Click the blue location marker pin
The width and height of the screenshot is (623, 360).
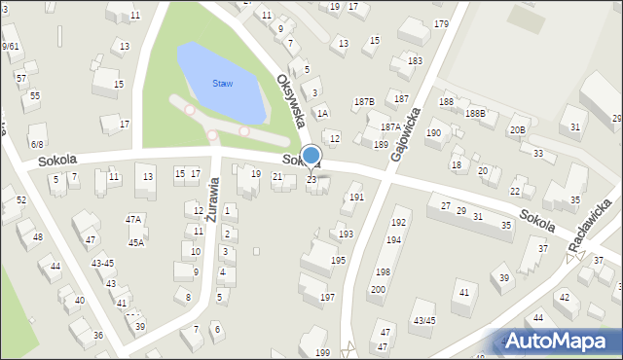point(311,157)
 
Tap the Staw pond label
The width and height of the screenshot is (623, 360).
point(223,83)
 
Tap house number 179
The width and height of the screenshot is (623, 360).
point(442,23)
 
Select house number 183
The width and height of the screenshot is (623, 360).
point(416,60)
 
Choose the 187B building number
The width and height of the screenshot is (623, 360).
point(364,101)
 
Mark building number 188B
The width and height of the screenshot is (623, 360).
point(475,113)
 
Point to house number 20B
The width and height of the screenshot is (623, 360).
point(517,129)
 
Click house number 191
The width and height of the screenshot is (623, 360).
point(356,197)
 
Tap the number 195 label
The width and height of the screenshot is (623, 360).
point(338,261)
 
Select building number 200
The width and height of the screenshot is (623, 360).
point(377,289)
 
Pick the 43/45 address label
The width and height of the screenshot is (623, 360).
point(423,320)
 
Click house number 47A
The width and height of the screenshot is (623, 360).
point(134,220)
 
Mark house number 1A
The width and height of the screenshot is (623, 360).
point(322,114)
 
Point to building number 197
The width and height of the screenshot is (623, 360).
point(327,297)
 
